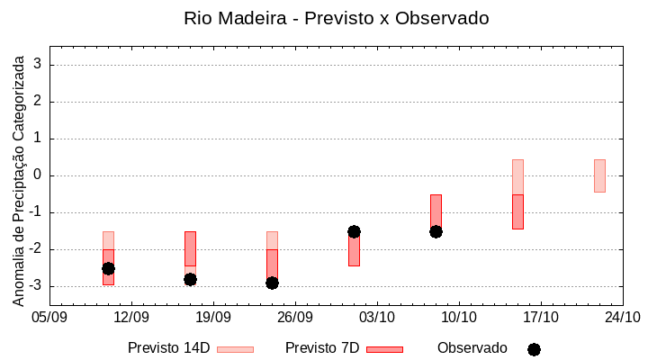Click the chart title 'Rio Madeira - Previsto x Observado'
(x=336, y=18)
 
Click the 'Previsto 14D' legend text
(x=168, y=348)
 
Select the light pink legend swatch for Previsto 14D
(x=235, y=349)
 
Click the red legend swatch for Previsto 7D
(x=384, y=349)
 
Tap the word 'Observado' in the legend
(x=472, y=348)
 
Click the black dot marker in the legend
(x=534, y=349)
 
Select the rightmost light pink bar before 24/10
(x=599, y=175)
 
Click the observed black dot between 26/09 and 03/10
(x=354, y=231)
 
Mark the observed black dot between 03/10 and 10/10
(x=436, y=231)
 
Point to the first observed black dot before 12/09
(x=108, y=268)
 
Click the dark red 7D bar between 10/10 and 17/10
(x=517, y=211)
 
